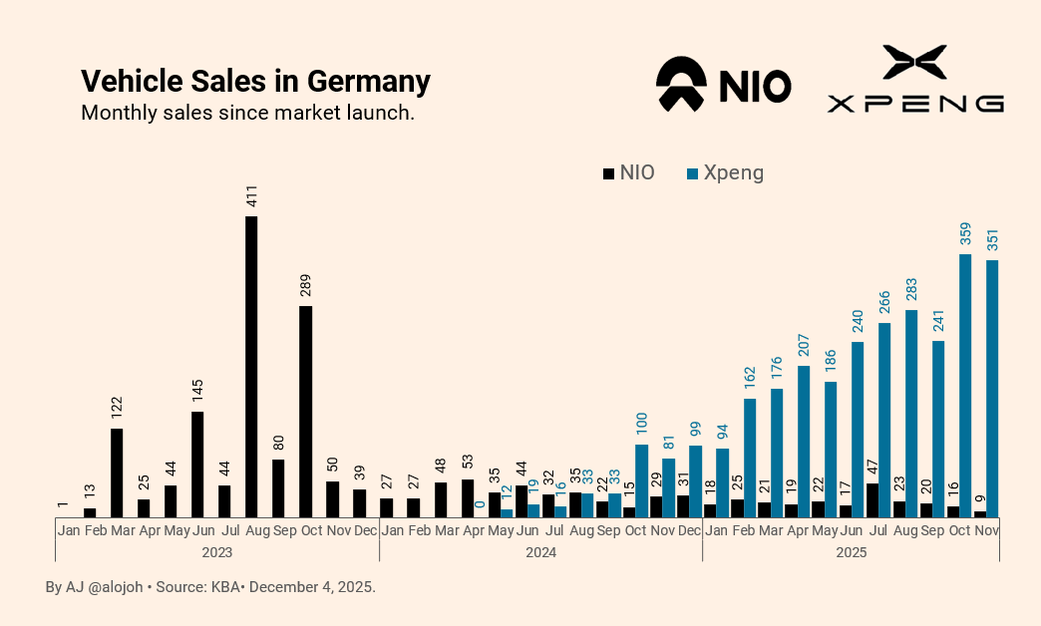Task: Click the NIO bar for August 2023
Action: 251,366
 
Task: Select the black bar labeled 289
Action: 305,411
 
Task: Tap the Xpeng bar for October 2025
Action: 965,386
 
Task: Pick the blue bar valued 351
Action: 992,389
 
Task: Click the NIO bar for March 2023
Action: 117,472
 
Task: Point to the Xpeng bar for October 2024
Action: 642,480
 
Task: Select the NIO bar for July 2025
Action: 872,500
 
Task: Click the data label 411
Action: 252,194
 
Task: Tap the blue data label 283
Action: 911,290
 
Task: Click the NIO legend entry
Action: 629,172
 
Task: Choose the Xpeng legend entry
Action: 726,172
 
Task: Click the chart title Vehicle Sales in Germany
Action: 255,81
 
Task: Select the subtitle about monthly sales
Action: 247,112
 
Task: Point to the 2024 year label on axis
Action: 540,551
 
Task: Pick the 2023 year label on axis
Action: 216,551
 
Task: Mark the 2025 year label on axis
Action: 851,551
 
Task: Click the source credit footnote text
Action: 210,587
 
